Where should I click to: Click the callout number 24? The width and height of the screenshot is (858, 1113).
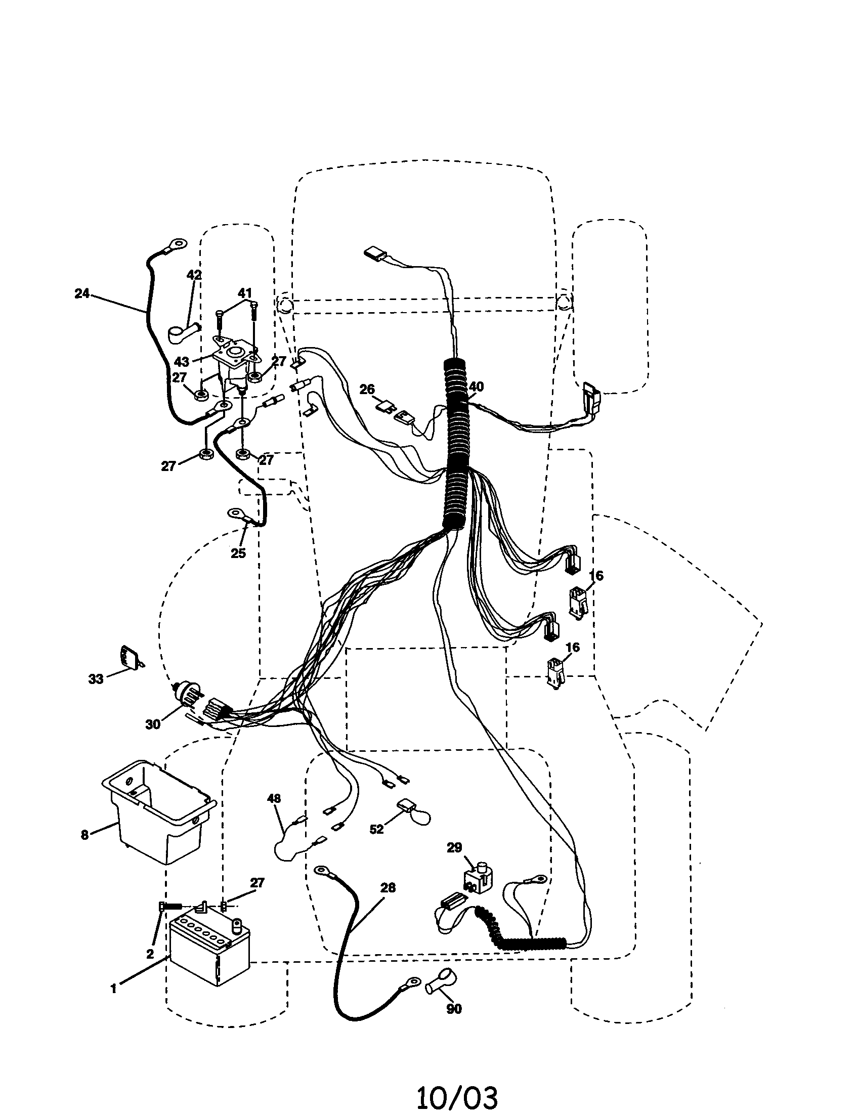(81, 293)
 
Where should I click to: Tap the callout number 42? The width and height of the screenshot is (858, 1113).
(194, 275)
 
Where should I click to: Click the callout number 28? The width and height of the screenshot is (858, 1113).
(388, 888)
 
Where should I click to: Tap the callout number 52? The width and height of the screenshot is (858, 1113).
(376, 830)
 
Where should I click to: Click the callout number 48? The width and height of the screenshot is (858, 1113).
(274, 798)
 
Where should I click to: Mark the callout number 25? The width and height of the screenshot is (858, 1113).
(238, 553)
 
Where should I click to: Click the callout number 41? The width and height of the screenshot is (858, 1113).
(245, 293)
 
